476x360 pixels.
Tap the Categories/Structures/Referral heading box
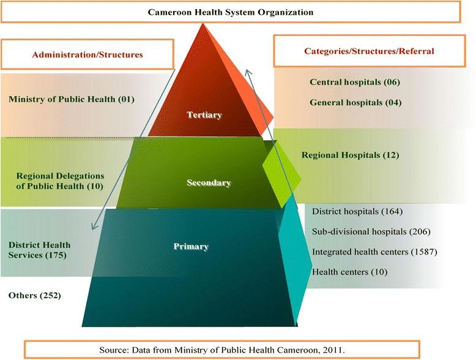tap(369, 51)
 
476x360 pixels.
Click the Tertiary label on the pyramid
tap(205, 114)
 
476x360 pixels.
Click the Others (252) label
tap(35, 296)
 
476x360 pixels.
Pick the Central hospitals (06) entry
tap(355, 82)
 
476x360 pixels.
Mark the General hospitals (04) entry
tap(355, 102)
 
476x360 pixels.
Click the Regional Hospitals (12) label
tap(350, 155)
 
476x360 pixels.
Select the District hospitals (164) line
tap(357, 212)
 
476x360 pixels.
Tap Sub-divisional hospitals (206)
tap(371, 231)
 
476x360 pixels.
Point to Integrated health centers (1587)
tap(374, 252)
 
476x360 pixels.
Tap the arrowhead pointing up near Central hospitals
tap(247, 72)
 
